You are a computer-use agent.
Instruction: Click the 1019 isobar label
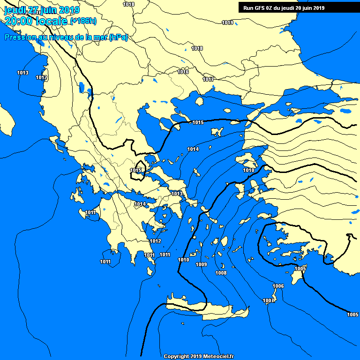coord(227,22)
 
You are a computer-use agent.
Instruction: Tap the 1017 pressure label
coord(209,79)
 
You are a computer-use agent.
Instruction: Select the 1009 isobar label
coord(201,265)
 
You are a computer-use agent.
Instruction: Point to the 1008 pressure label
coord(221,273)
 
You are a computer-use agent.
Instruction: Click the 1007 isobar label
coord(268,300)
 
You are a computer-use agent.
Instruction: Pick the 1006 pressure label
coord(278,286)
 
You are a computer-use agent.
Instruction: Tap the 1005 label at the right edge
coord(352,314)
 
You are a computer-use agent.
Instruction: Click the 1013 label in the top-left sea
coord(22,73)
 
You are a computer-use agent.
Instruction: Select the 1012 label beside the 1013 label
coord(42,78)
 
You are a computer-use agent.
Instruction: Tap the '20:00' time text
coord(17,21)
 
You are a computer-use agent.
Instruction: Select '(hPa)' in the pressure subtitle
coord(118,37)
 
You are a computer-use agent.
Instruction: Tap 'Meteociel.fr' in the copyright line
coord(218,356)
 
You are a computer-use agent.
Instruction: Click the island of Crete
coord(206,307)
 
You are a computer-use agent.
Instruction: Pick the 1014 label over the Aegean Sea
coord(193,149)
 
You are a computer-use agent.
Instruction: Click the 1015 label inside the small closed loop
coord(136,170)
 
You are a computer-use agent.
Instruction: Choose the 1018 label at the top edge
coord(128,4)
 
